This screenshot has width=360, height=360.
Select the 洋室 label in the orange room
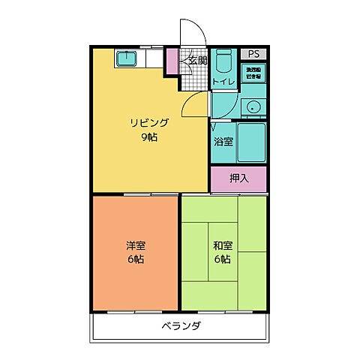point(135,245)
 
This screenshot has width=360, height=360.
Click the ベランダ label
point(180,326)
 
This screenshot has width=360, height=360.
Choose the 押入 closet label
point(238,178)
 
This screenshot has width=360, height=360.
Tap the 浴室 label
point(223,141)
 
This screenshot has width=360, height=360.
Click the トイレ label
point(223,81)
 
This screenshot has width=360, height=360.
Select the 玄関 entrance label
point(197,60)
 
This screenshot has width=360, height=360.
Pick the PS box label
point(254,54)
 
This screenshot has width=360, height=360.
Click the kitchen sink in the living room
point(125,58)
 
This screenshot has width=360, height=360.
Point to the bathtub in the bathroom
point(251,140)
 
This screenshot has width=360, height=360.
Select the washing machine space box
point(254,73)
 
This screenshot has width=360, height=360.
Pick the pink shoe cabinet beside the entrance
point(172,61)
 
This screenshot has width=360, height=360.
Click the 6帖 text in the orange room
point(135,259)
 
